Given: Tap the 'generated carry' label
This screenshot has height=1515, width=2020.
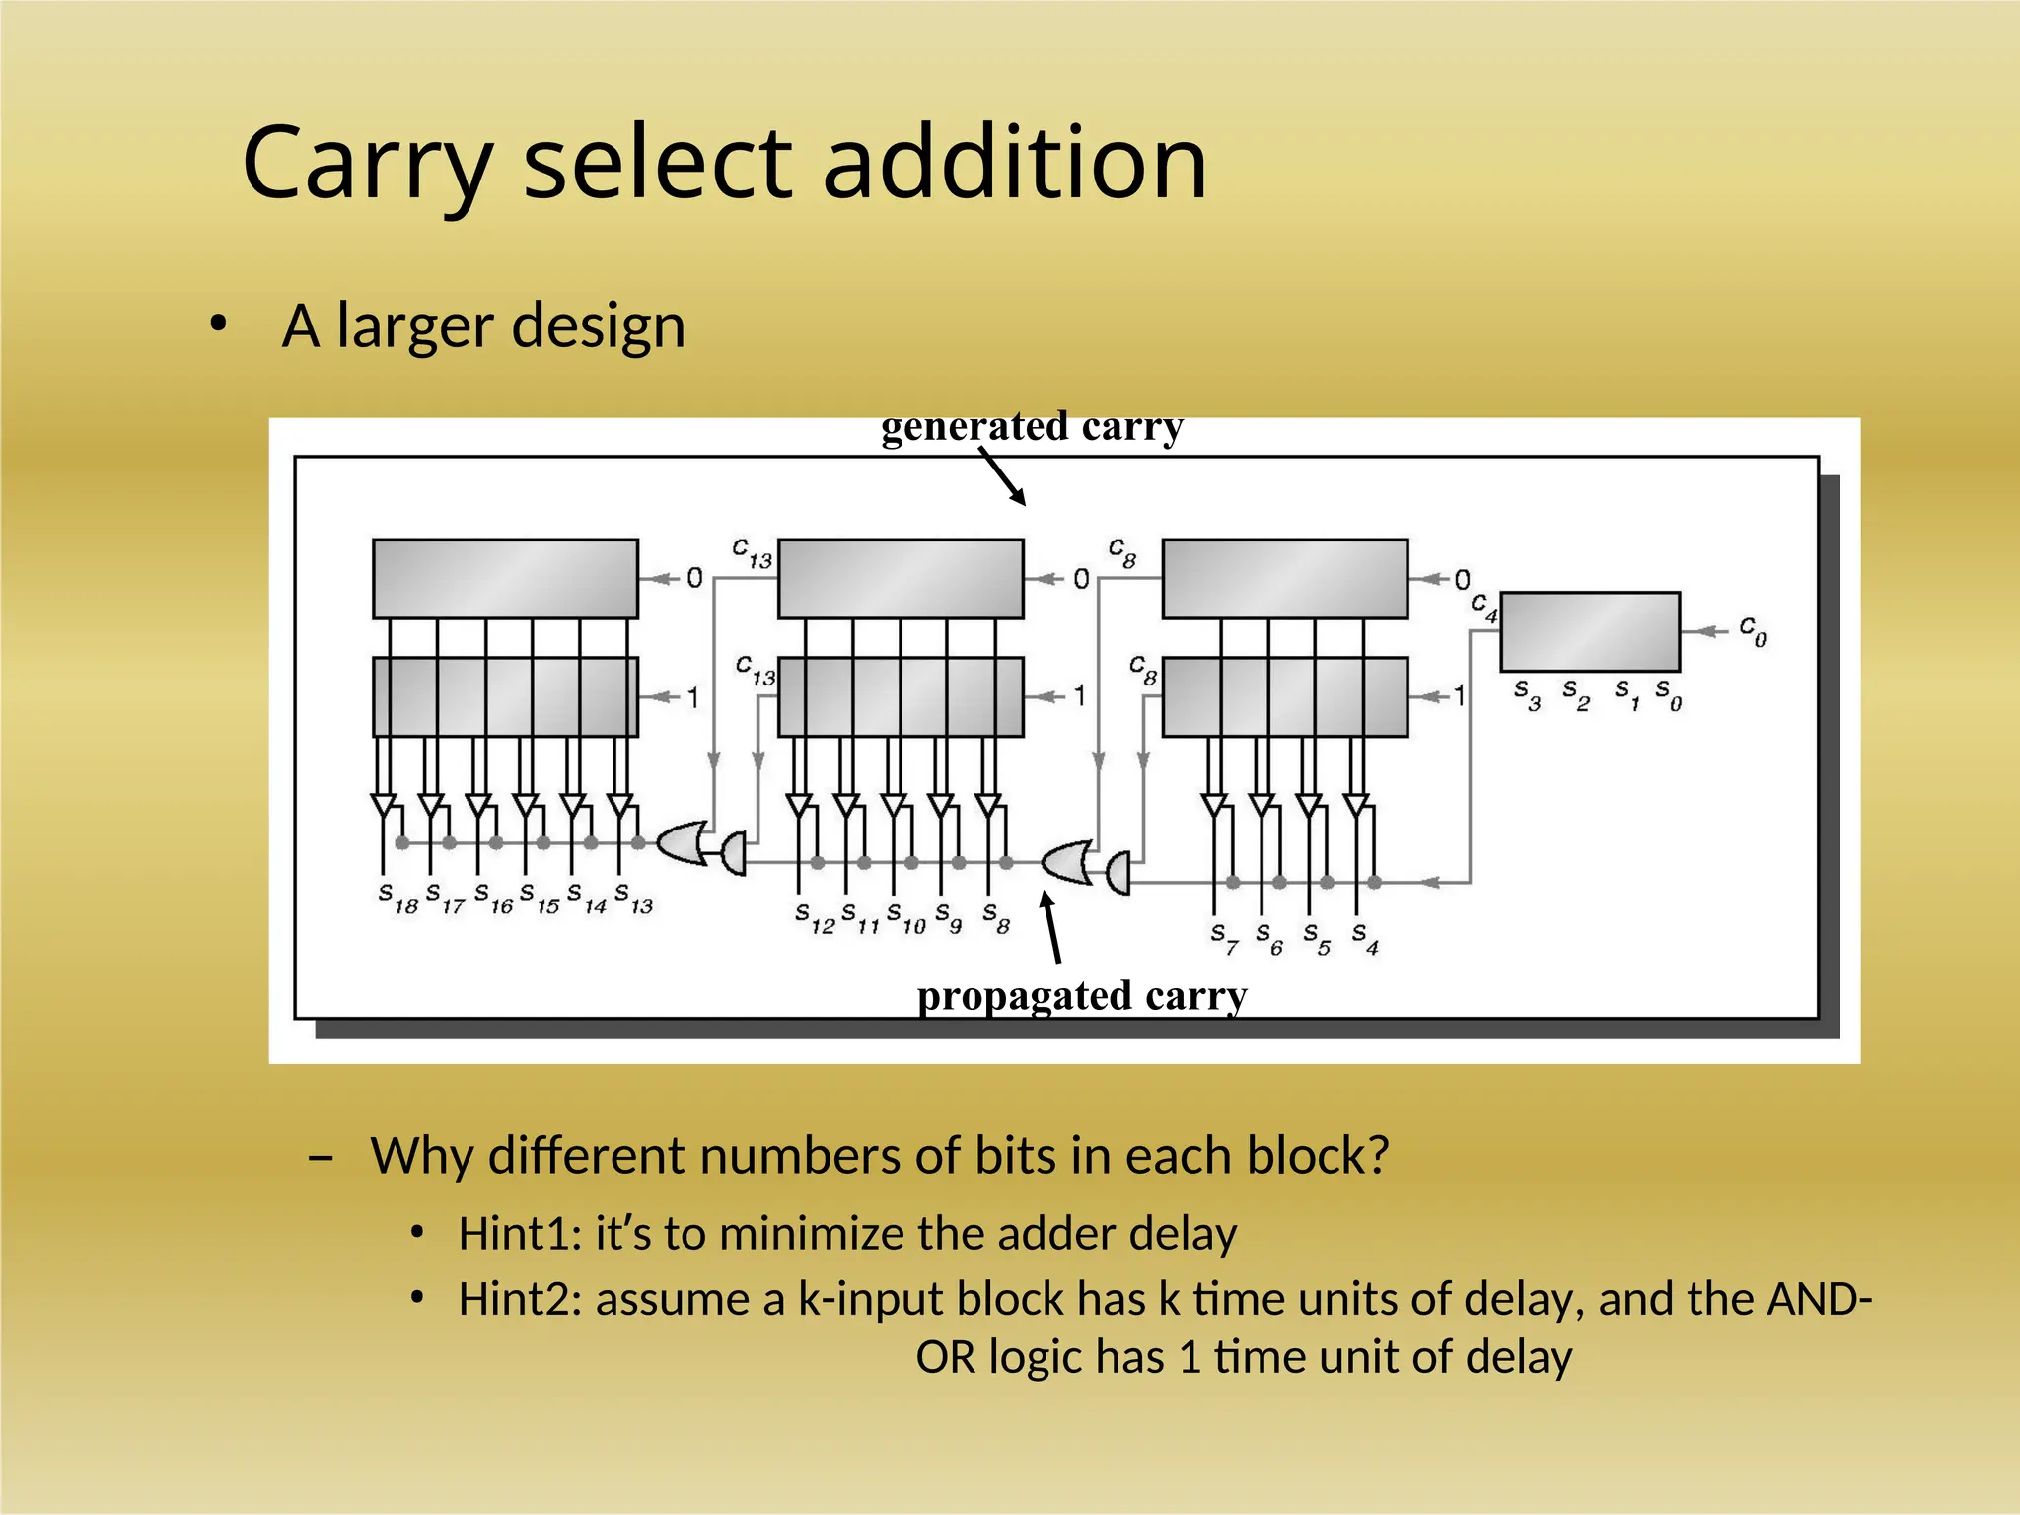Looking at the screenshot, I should pos(1032,427).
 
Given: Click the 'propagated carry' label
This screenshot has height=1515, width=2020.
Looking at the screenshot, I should pos(1082,996).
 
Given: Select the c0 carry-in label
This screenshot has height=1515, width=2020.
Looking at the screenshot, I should pos(1752,630).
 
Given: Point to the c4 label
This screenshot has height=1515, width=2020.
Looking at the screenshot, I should pos(1483,608).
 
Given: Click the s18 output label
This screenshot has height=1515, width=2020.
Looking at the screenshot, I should pos(398,899).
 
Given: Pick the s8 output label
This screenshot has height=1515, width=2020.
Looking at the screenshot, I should pos(996,918).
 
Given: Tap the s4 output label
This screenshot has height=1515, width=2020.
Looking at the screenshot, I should pos(1365,938).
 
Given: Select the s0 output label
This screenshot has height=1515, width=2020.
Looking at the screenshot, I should pos(1668,693).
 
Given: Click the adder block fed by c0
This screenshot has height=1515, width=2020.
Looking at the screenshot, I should pos(1589,631).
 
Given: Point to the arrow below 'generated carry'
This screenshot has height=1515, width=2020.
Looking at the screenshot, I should pos(1003,476).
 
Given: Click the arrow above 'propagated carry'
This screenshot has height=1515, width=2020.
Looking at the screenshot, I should pos(1051,927).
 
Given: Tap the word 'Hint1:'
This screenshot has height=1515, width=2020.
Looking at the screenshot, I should pos(520,1234).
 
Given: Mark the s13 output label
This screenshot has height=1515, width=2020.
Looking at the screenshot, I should pos(633,899).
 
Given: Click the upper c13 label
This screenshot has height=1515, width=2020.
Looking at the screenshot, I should pos(752,553).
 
